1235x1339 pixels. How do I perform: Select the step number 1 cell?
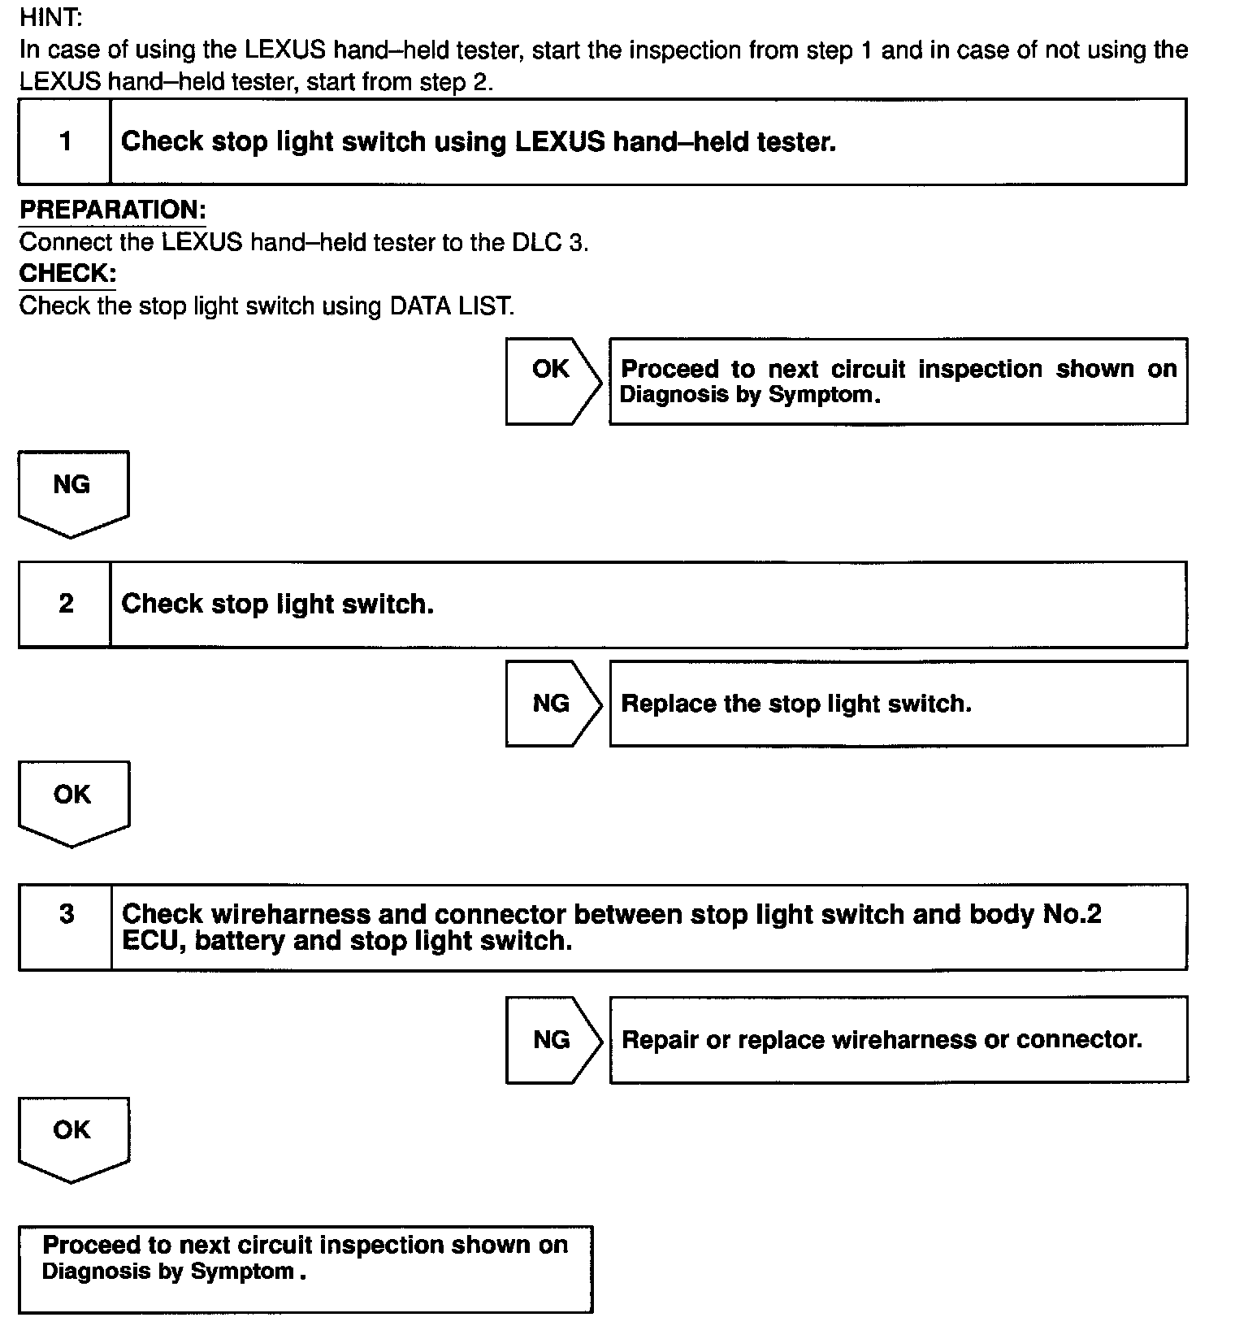tap(65, 142)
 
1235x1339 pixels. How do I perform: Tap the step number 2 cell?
tap(65, 604)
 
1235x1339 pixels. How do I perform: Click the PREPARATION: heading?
tap(113, 210)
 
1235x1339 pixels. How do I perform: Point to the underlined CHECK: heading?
tap(67, 273)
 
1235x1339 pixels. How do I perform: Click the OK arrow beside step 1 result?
tap(552, 380)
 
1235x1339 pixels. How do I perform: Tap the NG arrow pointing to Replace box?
tap(552, 704)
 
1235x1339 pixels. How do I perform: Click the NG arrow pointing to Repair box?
tap(552, 1039)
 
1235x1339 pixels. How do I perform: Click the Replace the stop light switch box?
tap(898, 704)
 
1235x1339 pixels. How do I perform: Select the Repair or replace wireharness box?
tap(898, 1039)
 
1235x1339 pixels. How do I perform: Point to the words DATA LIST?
tap(451, 306)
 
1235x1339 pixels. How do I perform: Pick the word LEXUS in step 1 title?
tap(559, 142)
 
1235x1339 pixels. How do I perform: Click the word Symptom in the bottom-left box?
tap(241, 1272)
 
